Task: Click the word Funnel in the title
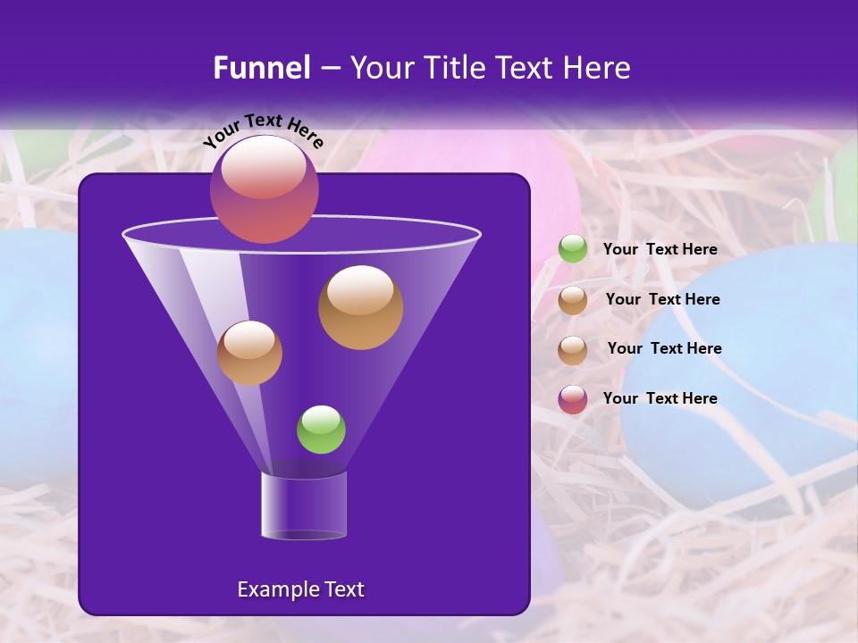[261, 68]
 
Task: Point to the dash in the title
[330, 69]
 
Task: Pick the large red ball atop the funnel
[264, 188]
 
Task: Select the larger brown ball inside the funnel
[360, 307]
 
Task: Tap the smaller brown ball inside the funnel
[249, 353]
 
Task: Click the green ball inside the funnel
[321, 430]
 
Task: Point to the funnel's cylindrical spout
[304, 505]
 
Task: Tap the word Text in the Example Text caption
[343, 589]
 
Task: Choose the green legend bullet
[573, 249]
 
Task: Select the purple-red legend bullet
[573, 399]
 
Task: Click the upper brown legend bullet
[573, 300]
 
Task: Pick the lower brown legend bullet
[573, 349]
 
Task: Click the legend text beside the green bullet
[660, 250]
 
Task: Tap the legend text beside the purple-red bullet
[660, 398]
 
